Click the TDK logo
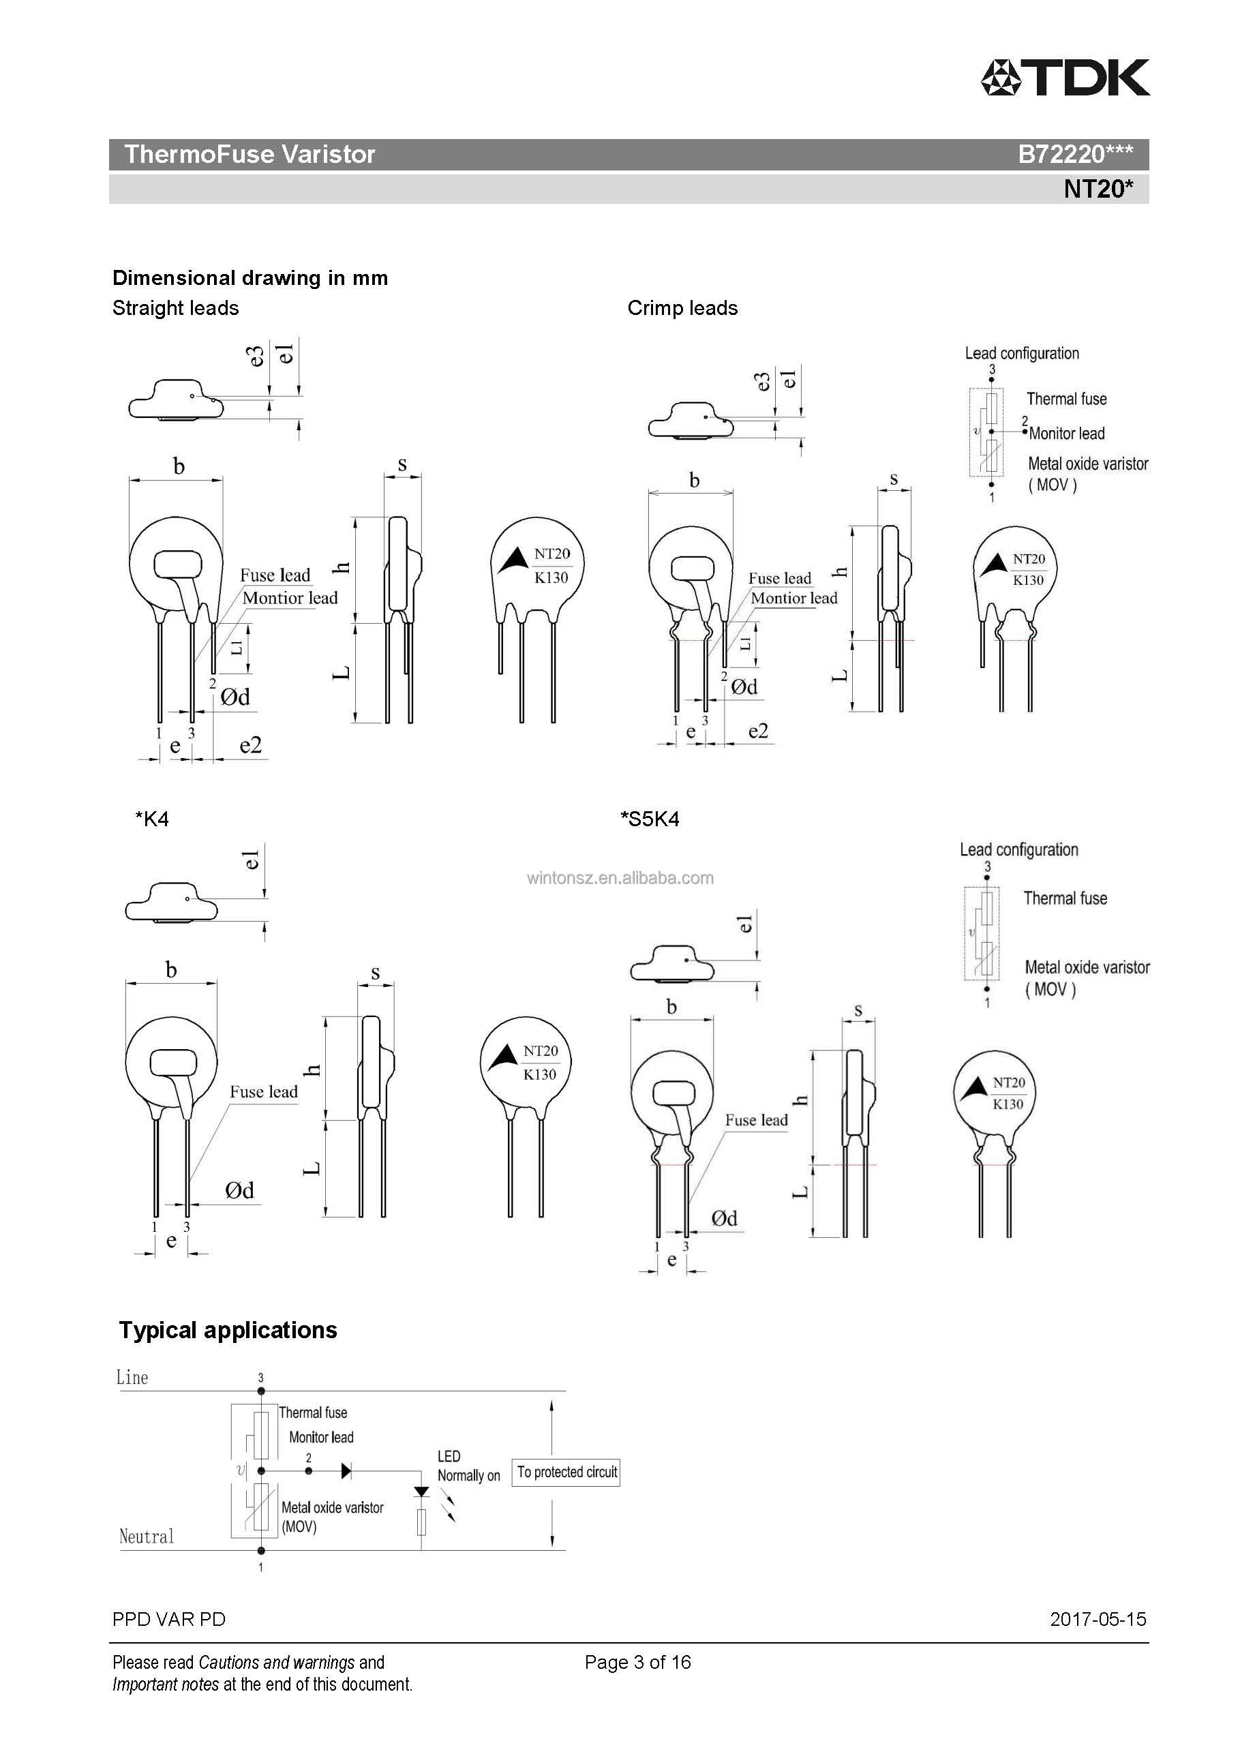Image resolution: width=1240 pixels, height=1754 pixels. pyautogui.click(x=1065, y=77)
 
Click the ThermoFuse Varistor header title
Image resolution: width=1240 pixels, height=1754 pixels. pyautogui.click(x=249, y=154)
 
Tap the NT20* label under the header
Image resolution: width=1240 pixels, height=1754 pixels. pyautogui.click(x=1098, y=188)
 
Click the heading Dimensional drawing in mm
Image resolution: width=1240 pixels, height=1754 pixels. pyautogui.click(x=249, y=277)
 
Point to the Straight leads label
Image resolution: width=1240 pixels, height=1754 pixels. pyautogui.click(x=175, y=308)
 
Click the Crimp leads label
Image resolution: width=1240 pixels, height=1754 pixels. pyautogui.click(x=682, y=308)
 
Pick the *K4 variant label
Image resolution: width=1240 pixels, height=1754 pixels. pyautogui.click(x=151, y=819)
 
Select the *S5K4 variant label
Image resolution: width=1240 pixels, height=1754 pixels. pyautogui.click(x=650, y=819)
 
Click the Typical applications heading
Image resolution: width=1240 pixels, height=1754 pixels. pyautogui.click(x=228, y=1330)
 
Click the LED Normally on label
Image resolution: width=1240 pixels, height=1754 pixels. pyautogui.click(x=468, y=1466)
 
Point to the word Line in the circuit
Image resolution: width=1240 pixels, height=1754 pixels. pyautogui.click(x=132, y=1378)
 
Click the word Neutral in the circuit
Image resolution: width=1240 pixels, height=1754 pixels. pyautogui.click(x=146, y=1537)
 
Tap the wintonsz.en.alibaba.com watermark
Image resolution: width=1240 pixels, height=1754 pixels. pyautogui.click(x=620, y=878)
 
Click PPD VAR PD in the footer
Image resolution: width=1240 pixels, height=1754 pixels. pyautogui.click(x=169, y=1620)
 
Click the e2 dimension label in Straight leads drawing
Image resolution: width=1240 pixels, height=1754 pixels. pyautogui.click(x=251, y=745)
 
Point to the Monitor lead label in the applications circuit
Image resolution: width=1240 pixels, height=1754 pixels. pyautogui.click(x=321, y=1437)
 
